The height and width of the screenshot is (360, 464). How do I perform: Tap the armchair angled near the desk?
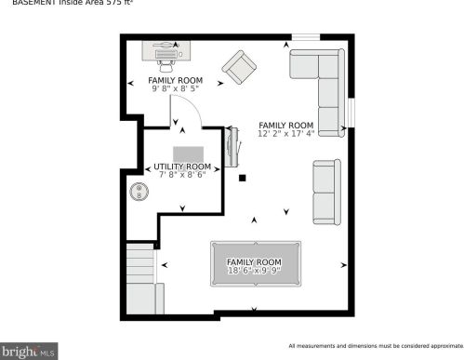pos(239,67)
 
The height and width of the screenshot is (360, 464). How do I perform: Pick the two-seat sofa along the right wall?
pos(325,193)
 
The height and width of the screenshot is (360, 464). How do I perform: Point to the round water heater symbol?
pos(139,192)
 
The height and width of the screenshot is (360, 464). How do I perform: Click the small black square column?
pos(242,177)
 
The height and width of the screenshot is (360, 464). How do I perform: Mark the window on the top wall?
pos(306,37)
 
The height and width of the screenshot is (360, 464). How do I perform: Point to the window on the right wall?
pos(351,112)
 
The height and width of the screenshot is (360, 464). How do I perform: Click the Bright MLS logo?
pos(29,351)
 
